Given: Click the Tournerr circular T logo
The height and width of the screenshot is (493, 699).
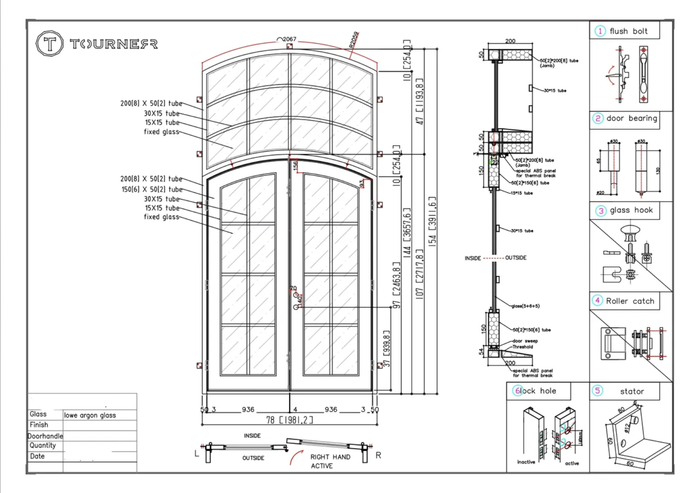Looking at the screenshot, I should click(x=50, y=43).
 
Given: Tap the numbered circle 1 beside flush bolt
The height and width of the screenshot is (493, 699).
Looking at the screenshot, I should click(x=600, y=31).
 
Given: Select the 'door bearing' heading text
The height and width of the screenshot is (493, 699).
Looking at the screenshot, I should click(x=632, y=119).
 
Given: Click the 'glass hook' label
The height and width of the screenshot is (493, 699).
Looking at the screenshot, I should click(x=631, y=210).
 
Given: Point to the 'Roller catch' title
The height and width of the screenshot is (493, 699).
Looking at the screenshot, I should click(x=630, y=301).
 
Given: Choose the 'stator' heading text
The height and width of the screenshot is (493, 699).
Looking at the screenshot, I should click(x=632, y=391).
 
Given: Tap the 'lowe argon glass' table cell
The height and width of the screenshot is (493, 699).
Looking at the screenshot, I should click(x=90, y=415).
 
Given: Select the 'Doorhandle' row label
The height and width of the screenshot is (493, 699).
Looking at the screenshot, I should click(x=45, y=436).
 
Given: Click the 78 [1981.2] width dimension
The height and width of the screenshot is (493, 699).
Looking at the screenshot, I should click(x=290, y=420).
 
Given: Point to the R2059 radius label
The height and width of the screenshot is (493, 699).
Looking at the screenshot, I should click(x=354, y=40).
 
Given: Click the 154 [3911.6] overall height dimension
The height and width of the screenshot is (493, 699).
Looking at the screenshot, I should click(x=432, y=221).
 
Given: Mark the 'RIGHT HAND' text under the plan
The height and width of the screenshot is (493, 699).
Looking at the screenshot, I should click(x=330, y=457).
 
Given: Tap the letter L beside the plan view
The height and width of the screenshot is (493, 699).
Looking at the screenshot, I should click(x=197, y=454).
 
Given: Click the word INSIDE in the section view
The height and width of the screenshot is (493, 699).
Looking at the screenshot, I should click(x=473, y=258).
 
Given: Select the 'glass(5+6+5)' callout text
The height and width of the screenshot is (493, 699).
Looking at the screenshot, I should click(x=525, y=306).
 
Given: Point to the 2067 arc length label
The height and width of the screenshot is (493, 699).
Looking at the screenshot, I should click(x=289, y=39).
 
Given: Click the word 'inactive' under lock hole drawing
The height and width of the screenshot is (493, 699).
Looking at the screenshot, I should click(x=526, y=462).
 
